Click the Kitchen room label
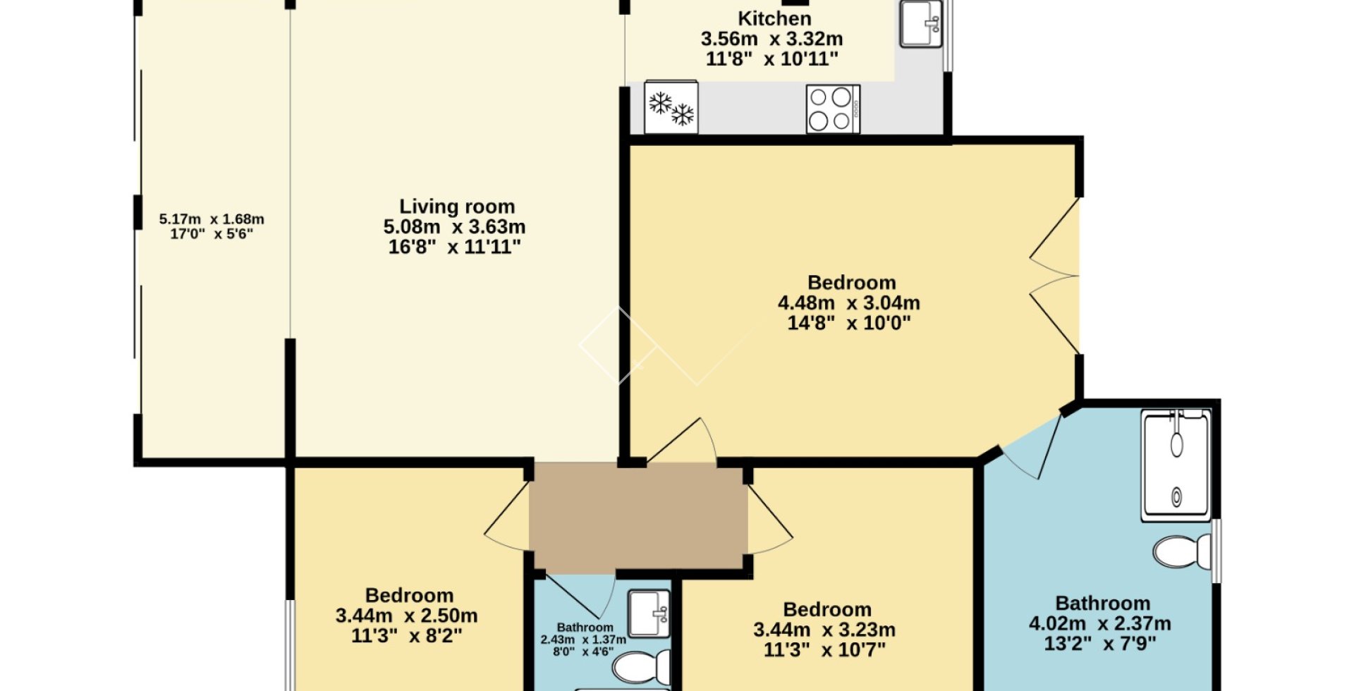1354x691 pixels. point(774,18)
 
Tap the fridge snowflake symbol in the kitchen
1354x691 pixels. point(671,109)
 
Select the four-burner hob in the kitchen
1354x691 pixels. point(833,109)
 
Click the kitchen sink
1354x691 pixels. point(922,23)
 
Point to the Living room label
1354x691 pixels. point(457,207)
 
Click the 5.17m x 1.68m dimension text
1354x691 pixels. point(212,219)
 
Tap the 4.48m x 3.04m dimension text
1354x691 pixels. point(849,303)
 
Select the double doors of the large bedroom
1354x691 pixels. point(1054,276)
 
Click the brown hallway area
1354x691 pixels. point(638,516)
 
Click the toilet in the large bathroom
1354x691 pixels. point(1181,552)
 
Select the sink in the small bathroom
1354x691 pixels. point(649,613)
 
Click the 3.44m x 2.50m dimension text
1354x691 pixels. point(407,616)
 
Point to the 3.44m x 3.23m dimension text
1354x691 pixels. point(824,630)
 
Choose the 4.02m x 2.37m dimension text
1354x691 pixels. point(1100,624)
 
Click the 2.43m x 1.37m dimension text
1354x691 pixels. point(583,640)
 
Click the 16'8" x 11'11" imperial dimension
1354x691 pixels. point(455,247)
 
